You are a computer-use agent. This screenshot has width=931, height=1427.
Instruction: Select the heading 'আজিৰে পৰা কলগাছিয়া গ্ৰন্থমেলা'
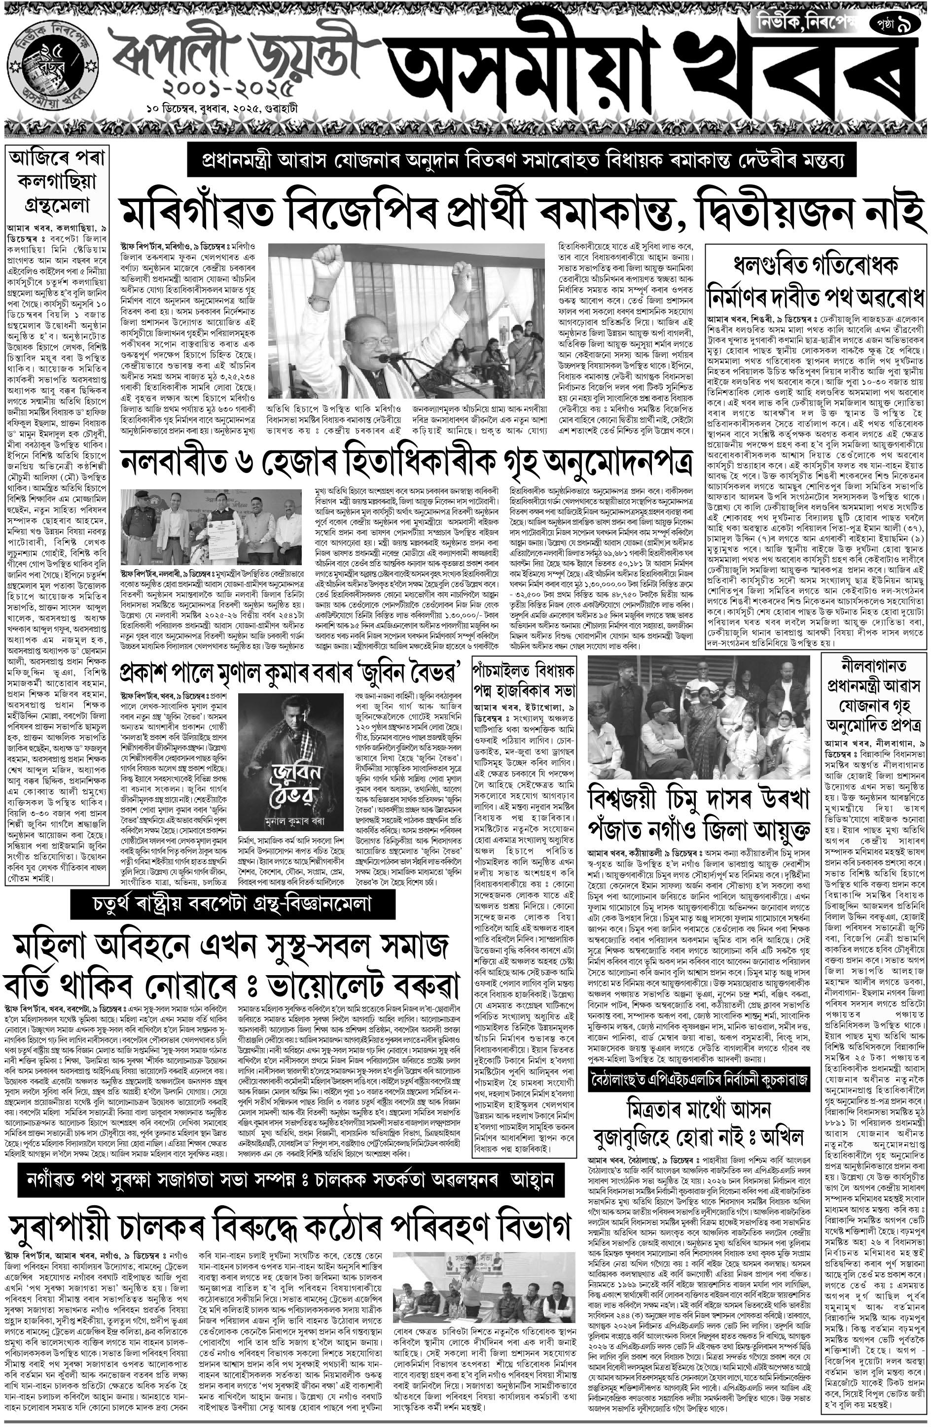click(58, 182)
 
